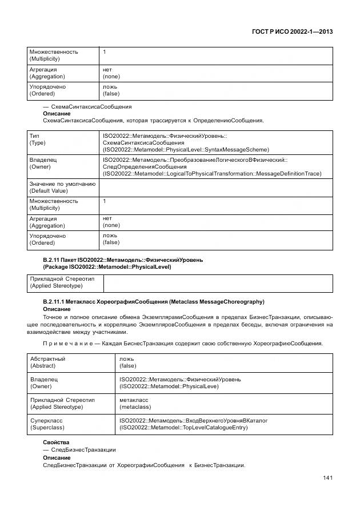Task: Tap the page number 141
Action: click(x=326, y=478)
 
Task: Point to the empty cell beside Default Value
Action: click(x=215, y=187)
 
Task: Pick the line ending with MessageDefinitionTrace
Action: click(x=211, y=173)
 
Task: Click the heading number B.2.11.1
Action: click(x=56, y=301)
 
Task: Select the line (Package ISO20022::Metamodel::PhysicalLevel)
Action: click(x=107, y=266)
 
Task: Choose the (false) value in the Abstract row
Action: click(x=127, y=365)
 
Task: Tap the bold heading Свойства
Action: click(x=56, y=443)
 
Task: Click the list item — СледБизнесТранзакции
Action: click(x=79, y=450)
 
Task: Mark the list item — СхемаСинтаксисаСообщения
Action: click(x=87, y=106)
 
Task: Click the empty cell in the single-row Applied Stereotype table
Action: click(x=217, y=283)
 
